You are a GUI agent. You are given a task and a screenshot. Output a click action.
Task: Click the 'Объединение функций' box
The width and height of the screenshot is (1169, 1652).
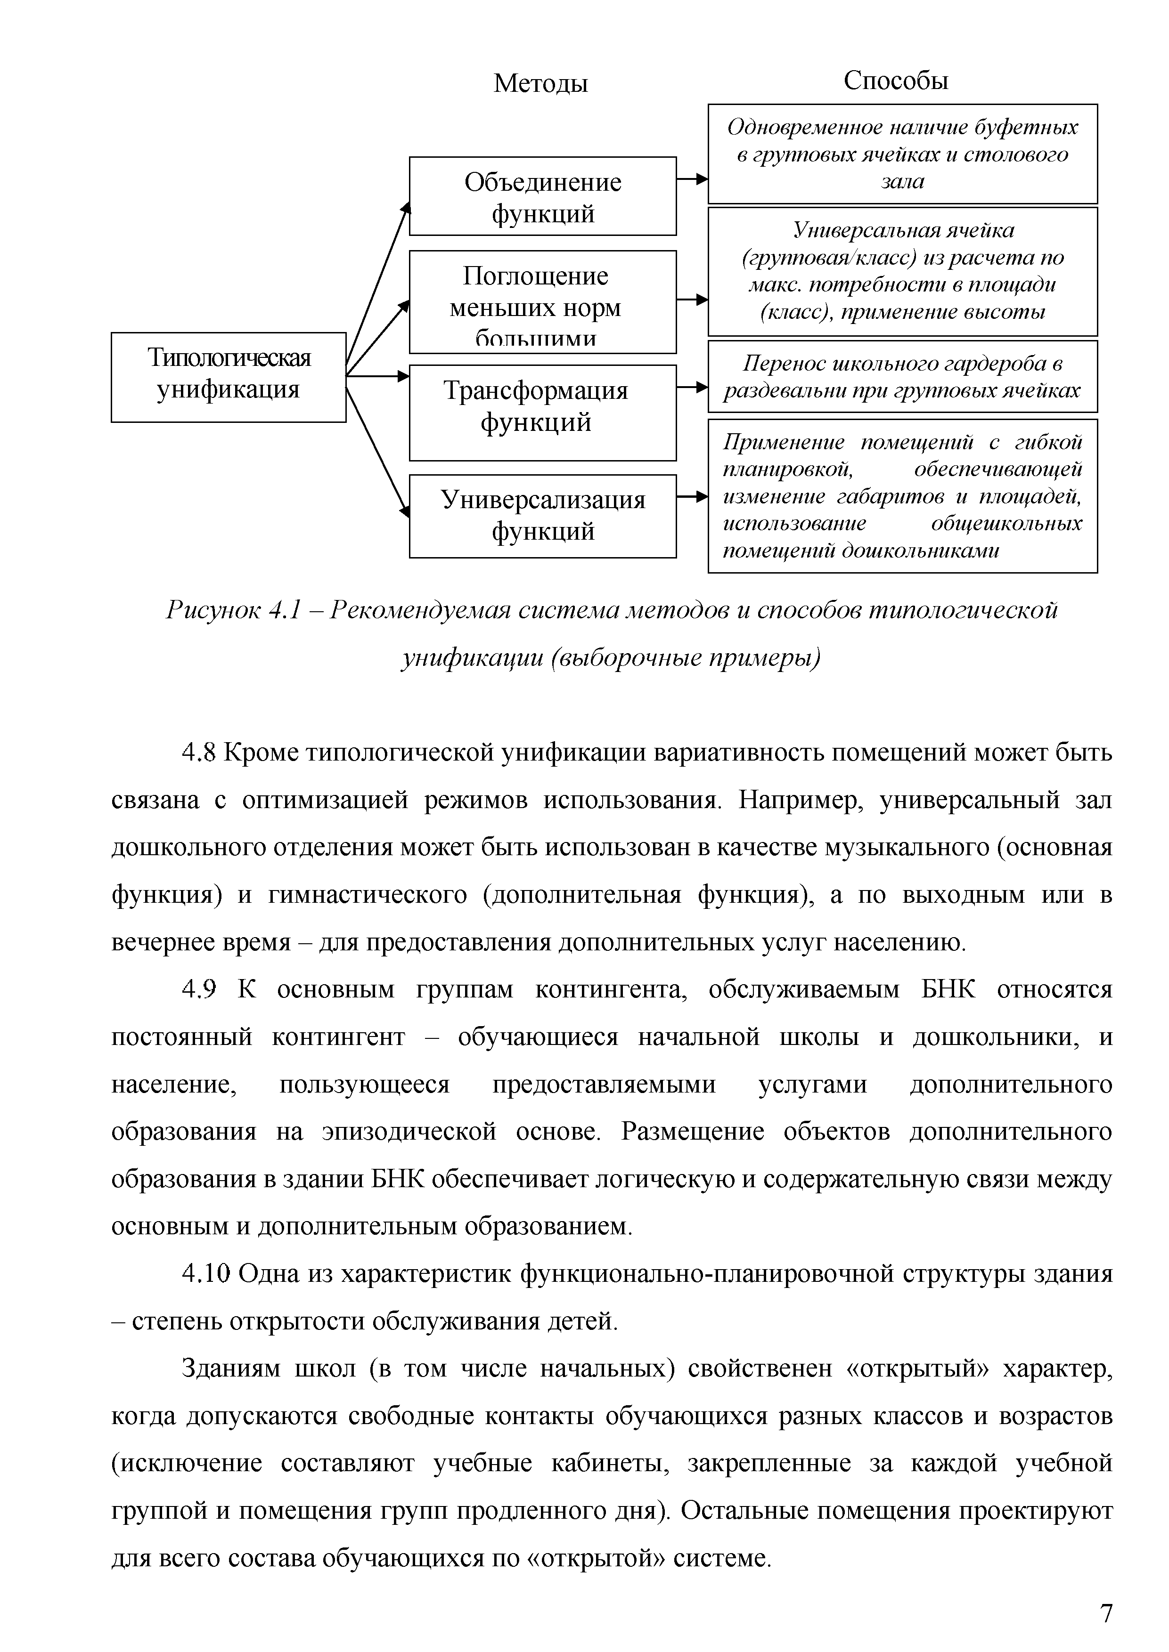[543, 196]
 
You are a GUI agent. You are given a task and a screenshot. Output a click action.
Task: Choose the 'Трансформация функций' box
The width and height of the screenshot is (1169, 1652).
[543, 412]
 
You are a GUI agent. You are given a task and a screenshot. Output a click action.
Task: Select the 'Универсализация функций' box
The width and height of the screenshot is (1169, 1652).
[543, 516]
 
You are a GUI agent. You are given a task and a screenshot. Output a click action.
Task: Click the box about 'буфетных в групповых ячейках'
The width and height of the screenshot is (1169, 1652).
[903, 154]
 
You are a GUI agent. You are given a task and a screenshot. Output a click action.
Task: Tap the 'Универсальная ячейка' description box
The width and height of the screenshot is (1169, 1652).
[903, 271]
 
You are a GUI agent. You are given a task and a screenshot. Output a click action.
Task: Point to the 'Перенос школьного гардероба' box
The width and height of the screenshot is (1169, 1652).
[903, 376]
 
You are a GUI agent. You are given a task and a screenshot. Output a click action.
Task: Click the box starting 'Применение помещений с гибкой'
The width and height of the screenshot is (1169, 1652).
[903, 496]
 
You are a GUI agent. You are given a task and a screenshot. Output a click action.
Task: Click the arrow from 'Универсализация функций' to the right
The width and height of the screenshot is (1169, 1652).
[693, 496]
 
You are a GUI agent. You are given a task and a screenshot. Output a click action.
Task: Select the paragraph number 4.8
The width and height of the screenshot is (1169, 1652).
[199, 753]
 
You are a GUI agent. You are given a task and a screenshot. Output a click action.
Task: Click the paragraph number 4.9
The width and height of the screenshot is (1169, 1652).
[199, 990]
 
